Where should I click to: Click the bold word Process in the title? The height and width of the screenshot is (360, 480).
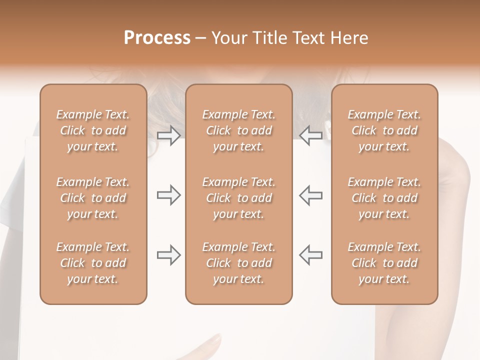[x=157, y=38]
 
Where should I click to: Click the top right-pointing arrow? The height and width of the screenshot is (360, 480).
[x=168, y=135]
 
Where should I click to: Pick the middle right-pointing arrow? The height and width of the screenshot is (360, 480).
[x=168, y=195]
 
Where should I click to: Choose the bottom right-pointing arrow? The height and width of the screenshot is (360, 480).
[x=168, y=255]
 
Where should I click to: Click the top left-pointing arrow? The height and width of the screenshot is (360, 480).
[x=311, y=135]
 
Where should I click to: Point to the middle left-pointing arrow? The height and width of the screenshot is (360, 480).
[x=311, y=195]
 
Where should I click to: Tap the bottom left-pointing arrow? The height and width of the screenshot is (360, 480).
[x=311, y=255]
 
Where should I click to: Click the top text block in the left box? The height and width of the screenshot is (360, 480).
[x=93, y=130]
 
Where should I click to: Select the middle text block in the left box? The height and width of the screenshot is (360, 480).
[x=93, y=198]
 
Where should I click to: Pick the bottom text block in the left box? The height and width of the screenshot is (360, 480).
[x=93, y=263]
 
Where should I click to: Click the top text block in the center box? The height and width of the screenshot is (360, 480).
[x=238, y=130]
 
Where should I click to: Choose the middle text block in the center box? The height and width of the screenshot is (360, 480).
[x=238, y=198]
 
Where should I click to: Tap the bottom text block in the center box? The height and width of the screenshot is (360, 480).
[x=238, y=263]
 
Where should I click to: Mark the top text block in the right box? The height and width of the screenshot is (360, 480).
[x=384, y=130]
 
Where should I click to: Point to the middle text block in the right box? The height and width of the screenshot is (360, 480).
[x=384, y=198]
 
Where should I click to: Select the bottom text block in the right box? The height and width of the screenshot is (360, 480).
[x=384, y=263]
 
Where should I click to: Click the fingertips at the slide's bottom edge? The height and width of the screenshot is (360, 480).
[x=212, y=343]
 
